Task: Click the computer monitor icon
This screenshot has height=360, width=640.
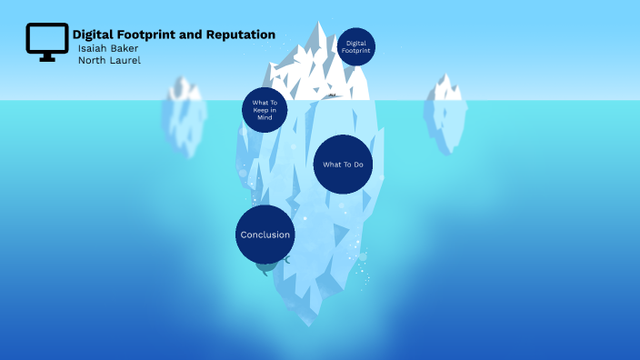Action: [x=46, y=42]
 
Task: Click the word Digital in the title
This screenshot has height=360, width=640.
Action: [x=92, y=35]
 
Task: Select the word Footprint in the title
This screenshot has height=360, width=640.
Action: [x=146, y=35]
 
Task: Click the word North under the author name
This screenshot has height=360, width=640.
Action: [x=94, y=60]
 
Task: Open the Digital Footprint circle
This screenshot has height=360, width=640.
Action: [x=355, y=46]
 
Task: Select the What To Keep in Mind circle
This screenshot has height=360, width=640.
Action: [x=265, y=110]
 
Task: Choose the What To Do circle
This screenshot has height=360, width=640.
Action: [x=344, y=164]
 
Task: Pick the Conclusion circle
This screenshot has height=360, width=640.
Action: [x=265, y=235]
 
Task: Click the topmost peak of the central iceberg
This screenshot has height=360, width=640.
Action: [x=319, y=25]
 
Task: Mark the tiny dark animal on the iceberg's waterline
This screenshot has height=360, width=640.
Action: [x=333, y=95]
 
